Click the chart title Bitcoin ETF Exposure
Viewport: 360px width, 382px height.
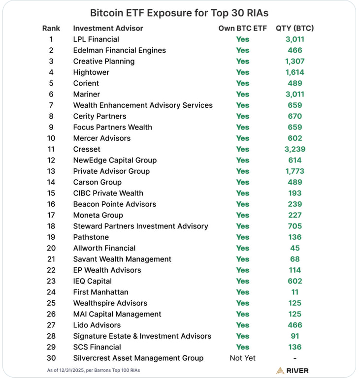click(179, 13)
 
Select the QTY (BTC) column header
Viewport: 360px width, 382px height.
click(295, 28)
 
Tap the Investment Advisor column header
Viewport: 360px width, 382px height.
click(108, 28)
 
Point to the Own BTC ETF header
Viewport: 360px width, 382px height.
click(242, 28)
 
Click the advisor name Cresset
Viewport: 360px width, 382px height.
click(87, 149)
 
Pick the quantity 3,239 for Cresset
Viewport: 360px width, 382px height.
click(295, 149)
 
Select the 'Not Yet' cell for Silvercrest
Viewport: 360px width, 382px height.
click(242, 358)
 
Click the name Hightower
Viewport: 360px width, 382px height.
click(91, 72)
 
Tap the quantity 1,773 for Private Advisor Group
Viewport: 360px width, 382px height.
click(295, 171)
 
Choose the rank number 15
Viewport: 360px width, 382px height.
click(51, 193)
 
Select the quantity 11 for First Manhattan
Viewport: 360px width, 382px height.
click(295, 292)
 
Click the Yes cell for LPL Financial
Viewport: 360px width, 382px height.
click(242, 39)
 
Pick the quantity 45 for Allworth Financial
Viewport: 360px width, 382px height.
click(295, 248)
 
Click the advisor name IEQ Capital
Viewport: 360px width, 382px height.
click(92, 281)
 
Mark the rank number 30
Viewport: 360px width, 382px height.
click(51, 358)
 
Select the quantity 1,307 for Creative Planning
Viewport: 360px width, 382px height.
click(295, 62)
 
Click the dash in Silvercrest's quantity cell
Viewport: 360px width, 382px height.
click(295, 358)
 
